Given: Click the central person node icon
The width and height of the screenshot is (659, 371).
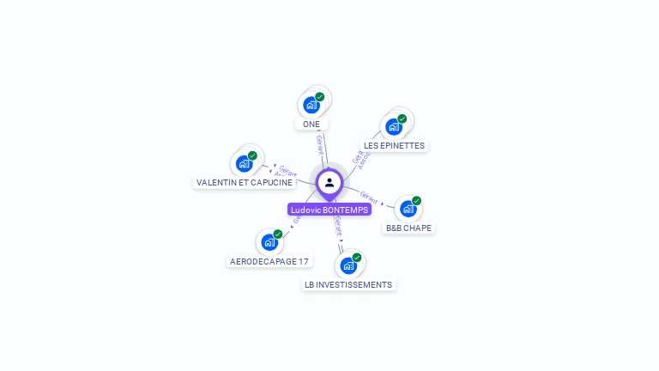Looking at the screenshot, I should click(329, 182).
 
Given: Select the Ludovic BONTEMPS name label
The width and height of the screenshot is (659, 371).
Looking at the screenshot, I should click(329, 210).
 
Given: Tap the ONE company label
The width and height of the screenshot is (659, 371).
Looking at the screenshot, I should click(311, 124).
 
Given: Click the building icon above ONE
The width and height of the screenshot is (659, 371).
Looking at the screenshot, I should click(311, 105).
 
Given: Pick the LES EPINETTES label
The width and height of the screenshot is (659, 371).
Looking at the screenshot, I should click(394, 146).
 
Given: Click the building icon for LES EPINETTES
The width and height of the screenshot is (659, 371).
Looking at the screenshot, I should click(394, 126).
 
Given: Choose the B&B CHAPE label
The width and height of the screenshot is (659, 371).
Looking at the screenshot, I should click(408, 228).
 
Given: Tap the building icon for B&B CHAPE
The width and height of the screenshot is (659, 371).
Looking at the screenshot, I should click(408, 208).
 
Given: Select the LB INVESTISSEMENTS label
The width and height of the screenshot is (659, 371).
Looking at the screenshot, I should click(348, 284).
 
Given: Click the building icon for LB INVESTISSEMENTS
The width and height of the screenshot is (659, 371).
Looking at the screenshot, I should click(348, 265).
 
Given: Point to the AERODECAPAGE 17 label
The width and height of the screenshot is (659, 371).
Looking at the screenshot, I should click(269, 261).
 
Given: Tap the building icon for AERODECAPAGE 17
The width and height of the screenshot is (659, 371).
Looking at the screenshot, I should click(269, 241).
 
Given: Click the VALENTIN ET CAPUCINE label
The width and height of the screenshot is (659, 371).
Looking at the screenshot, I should click(245, 182).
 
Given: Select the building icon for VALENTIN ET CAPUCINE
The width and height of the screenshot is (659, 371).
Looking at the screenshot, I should click(245, 163).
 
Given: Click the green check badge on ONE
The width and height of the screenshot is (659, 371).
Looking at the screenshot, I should click(319, 97).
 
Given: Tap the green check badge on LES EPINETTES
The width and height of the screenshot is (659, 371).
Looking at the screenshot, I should click(402, 119).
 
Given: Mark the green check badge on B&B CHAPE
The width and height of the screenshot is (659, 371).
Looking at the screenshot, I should click(416, 201).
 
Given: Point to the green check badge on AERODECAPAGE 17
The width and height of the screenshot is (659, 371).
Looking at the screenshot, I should click(278, 234).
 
